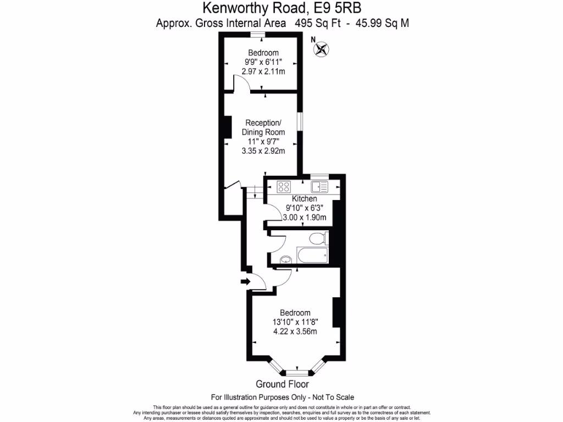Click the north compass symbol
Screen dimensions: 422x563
[321, 49]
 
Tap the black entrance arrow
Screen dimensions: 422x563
[244, 282]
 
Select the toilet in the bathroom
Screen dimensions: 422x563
[317, 238]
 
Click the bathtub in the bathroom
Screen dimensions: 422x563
[312, 255]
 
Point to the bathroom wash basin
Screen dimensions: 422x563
[285, 259]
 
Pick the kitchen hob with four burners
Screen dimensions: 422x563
[284, 187]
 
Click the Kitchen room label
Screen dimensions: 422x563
[304, 198]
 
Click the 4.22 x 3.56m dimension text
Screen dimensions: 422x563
[295, 331]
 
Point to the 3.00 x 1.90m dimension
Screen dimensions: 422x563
[305, 218]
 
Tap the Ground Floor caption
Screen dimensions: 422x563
[282, 384]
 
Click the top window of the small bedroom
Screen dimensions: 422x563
[256, 35]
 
